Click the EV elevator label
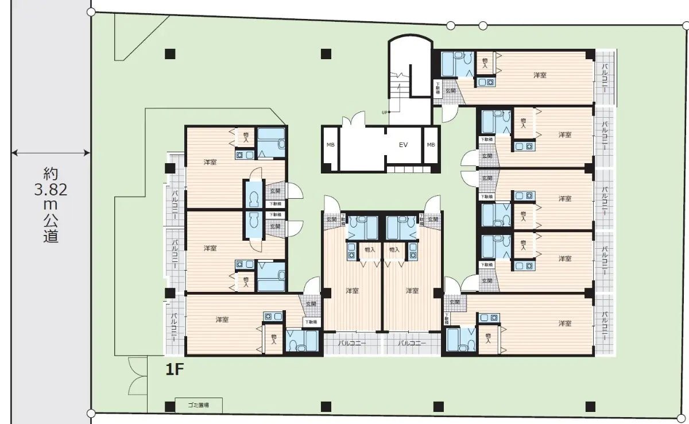click(x=403, y=145)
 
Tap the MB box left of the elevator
click(x=331, y=145)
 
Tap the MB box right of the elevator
click(x=431, y=145)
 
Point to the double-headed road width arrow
click(x=51, y=153)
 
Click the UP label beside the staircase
click(x=384, y=112)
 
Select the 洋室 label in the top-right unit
click(x=539, y=75)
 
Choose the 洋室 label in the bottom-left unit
click(x=223, y=319)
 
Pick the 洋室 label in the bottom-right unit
click(x=565, y=323)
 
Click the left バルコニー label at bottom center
click(x=351, y=343)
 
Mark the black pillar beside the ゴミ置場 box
click(x=169, y=406)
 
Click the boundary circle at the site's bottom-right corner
click(x=684, y=413)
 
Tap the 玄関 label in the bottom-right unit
click(x=455, y=302)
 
